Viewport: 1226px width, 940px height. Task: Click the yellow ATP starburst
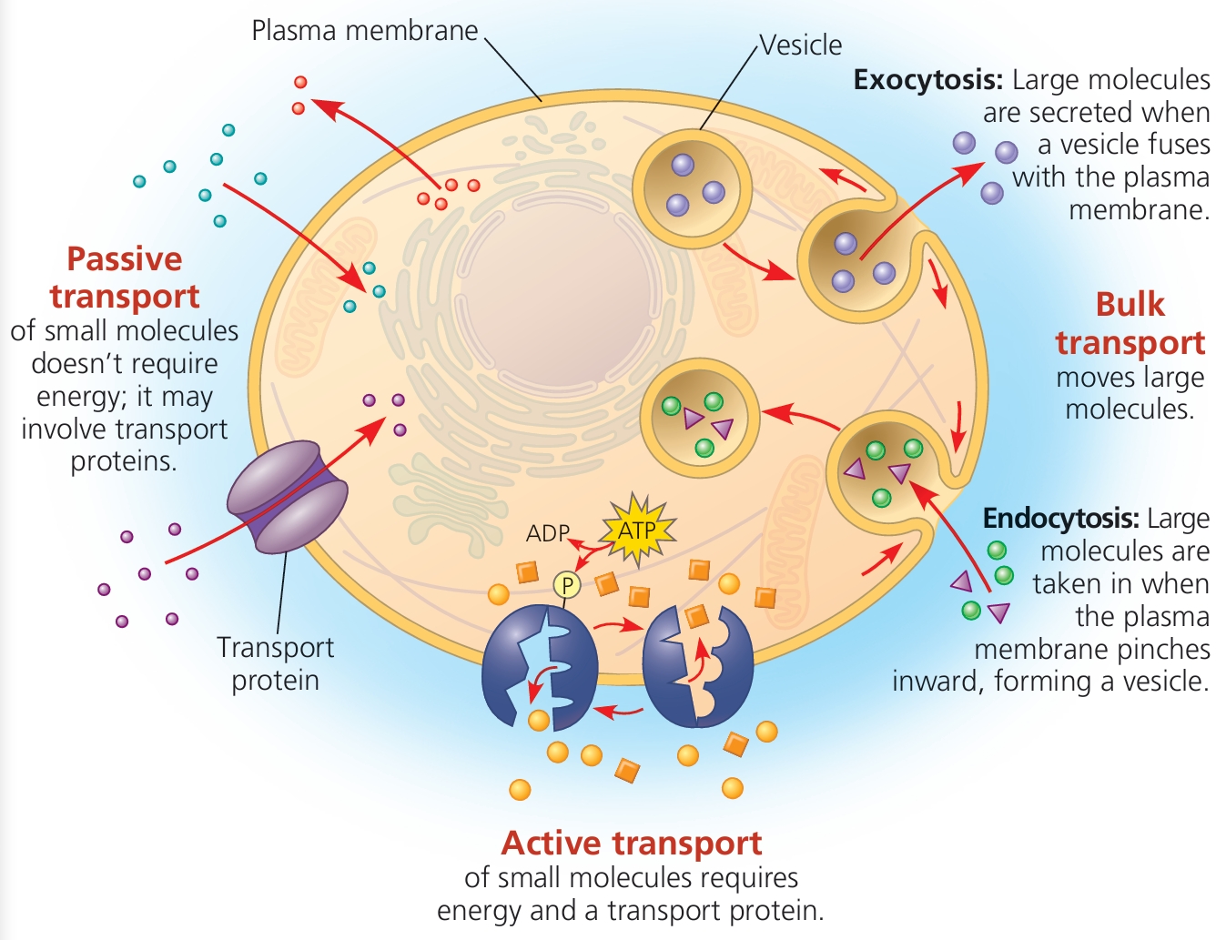click(x=638, y=530)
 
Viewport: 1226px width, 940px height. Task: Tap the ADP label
click(x=548, y=533)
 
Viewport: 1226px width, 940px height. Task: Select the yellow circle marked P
click(x=567, y=585)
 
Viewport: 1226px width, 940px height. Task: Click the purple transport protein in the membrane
click(x=287, y=497)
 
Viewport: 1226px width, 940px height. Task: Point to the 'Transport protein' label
click(x=275, y=663)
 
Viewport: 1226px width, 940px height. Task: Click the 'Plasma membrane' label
click(x=364, y=31)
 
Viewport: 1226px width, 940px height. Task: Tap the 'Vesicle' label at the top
click(x=801, y=45)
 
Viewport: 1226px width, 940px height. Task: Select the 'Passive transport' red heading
click(x=125, y=278)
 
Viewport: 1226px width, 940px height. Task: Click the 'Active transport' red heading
click(x=632, y=844)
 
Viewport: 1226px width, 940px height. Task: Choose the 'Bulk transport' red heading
click(x=1130, y=323)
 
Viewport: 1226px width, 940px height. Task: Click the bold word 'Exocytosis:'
click(x=927, y=80)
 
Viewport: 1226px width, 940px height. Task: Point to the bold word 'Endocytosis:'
click(x=1060, y=519)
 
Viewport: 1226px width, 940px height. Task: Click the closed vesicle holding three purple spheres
click(x=692, y=188)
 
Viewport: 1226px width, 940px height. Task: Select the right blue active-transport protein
click(x=698, y=665)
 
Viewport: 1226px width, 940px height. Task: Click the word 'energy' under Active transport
click(x=477, y=911)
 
